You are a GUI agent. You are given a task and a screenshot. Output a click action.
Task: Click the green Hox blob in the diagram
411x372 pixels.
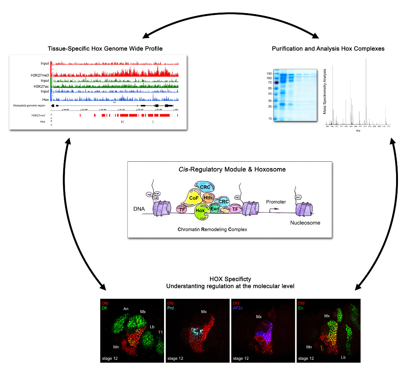coord(200,211)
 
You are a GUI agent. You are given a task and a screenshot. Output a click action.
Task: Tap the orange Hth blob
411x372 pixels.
coord(208,197)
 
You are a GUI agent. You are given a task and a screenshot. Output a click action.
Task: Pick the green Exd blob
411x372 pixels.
coord(214,209)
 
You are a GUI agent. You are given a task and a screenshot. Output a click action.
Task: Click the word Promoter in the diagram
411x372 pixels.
coord(276,202)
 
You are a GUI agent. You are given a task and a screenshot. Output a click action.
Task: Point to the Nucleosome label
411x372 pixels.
coord(305,223)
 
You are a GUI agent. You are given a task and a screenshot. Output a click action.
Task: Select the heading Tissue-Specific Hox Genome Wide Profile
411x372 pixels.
coord(105,49)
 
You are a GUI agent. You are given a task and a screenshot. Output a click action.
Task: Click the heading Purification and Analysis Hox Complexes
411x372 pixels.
coord(328,49)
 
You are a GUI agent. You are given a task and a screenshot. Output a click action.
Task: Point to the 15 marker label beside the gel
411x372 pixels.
coord(269,119)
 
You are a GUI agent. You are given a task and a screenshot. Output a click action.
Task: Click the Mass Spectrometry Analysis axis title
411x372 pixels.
coord(325,91)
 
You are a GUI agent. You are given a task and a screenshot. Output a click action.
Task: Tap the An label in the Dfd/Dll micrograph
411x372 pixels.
coord(126,309)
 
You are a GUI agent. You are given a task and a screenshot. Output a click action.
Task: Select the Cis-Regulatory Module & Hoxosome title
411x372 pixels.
coord(229,169)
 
